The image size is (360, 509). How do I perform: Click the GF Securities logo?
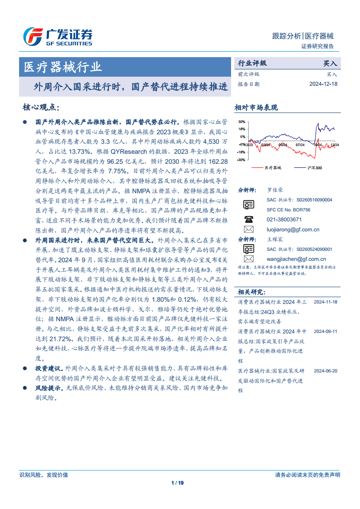click(x=58, y=36)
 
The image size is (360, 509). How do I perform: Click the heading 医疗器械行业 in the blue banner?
click(x=63, y=68)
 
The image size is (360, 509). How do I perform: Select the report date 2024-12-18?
click(x=324, y=84)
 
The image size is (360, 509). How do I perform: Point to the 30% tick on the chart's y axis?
click(x=242, y=122)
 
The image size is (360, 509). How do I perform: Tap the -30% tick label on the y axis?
click(x=241, y=160)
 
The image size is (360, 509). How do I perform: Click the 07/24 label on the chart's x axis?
click(x=300, y=145)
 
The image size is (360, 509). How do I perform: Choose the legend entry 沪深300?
click(x=314, y=168)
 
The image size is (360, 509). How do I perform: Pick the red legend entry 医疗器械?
click(x=272, y=168)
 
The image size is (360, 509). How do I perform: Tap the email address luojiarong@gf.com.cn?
click(x=293, y=230)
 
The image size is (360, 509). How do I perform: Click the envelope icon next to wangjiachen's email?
click(x=248, y=259)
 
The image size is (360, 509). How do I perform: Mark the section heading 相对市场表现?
click(x=256, y=108)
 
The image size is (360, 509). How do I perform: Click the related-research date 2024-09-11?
click(x=325, y=332)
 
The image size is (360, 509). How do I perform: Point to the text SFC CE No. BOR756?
click(x=288, y=210)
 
